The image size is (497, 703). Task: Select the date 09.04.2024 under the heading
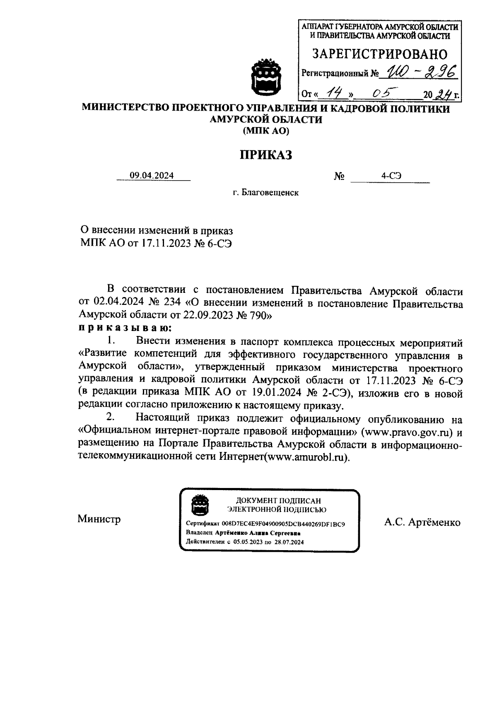[x=152, y=176]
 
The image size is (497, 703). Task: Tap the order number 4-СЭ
[x=391, y=176]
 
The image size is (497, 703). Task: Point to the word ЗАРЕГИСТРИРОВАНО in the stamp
[x=379, y=54]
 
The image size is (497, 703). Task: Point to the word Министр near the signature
[x=99, y=519]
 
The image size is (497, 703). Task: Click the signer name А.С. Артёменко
[x=422, y=523]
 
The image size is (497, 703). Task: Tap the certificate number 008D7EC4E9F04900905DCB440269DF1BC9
[x=283, y=524]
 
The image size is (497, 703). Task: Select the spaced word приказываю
[x=125, y=329]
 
